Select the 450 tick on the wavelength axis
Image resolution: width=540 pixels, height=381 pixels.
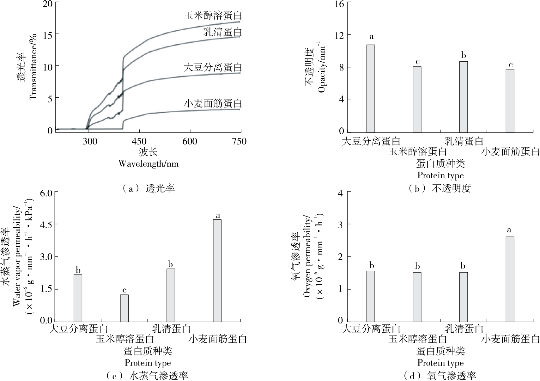tap(140, 141)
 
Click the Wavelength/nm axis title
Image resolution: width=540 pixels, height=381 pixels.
tap(148, 163)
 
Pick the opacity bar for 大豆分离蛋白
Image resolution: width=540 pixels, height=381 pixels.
tap(371, 89)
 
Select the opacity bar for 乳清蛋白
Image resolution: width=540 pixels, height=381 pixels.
tap(463, 97)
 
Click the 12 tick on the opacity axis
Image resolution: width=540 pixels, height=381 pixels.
tap(340, 34)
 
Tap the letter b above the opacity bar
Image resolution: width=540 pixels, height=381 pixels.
tap(464, 56)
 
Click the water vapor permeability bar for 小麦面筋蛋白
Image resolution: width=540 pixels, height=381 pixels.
tap(217, 271)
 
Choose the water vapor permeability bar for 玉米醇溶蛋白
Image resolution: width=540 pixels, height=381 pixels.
tap(124, 308)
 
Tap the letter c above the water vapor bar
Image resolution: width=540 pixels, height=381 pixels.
tap(124, 290)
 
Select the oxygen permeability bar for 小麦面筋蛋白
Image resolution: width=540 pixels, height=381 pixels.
tap(510, 279)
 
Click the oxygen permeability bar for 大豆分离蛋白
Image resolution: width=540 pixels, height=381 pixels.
tap(371, 296)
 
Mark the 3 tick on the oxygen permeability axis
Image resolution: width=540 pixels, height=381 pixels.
tap(340, 224)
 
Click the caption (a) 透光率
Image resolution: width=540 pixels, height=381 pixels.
tap(148, 189)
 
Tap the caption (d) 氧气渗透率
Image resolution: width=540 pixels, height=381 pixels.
tap(440, 376)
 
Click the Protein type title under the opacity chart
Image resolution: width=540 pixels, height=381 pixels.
tap(440, 175)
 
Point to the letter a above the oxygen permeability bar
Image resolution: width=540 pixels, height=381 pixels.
tap(509, 230)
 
